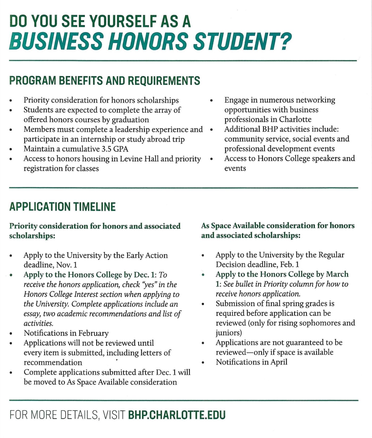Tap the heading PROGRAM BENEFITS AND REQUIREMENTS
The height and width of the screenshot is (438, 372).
click(x=104, y=81)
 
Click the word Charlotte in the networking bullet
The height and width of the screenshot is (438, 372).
click(x=295, y=119)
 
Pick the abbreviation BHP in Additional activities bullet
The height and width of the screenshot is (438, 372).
click(x=270, y=129)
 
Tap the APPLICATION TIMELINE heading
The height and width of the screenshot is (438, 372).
click(x=62, y=207)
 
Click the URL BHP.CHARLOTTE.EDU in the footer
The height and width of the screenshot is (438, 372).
click(x=177, y=415)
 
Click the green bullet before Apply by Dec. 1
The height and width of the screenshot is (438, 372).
click(x=11, y=275)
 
